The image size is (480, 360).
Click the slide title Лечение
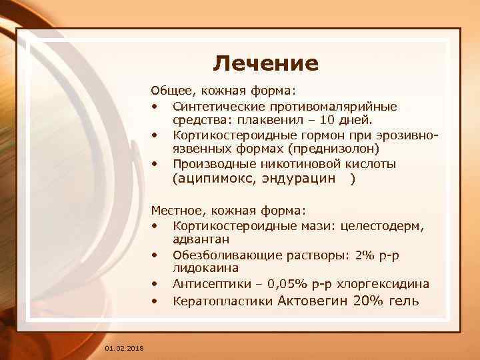pos(266,63)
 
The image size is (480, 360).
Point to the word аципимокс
pos(215,179)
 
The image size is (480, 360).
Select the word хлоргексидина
pos(384,283)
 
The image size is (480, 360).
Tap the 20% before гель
pos(371,301)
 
